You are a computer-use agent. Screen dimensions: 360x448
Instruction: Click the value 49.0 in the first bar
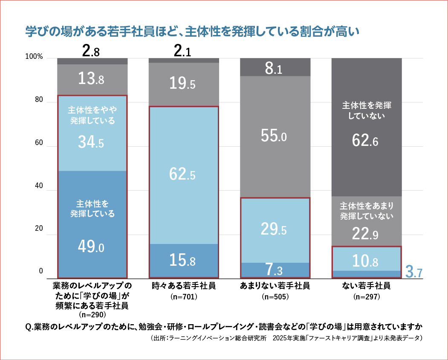click(92, 246)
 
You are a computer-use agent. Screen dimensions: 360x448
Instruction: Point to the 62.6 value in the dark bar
click(366, 141)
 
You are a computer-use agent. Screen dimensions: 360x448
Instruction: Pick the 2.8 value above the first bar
click(91, 52)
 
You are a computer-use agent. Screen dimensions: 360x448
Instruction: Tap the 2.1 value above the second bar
click(183, 52)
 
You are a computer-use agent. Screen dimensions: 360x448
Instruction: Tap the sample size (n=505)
click(275, 296)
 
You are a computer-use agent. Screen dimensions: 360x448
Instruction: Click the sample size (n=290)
click(92, 315)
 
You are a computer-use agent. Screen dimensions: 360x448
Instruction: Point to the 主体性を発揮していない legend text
click(366, 110)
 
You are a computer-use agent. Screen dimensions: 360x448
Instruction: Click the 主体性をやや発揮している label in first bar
click(92, 115)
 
